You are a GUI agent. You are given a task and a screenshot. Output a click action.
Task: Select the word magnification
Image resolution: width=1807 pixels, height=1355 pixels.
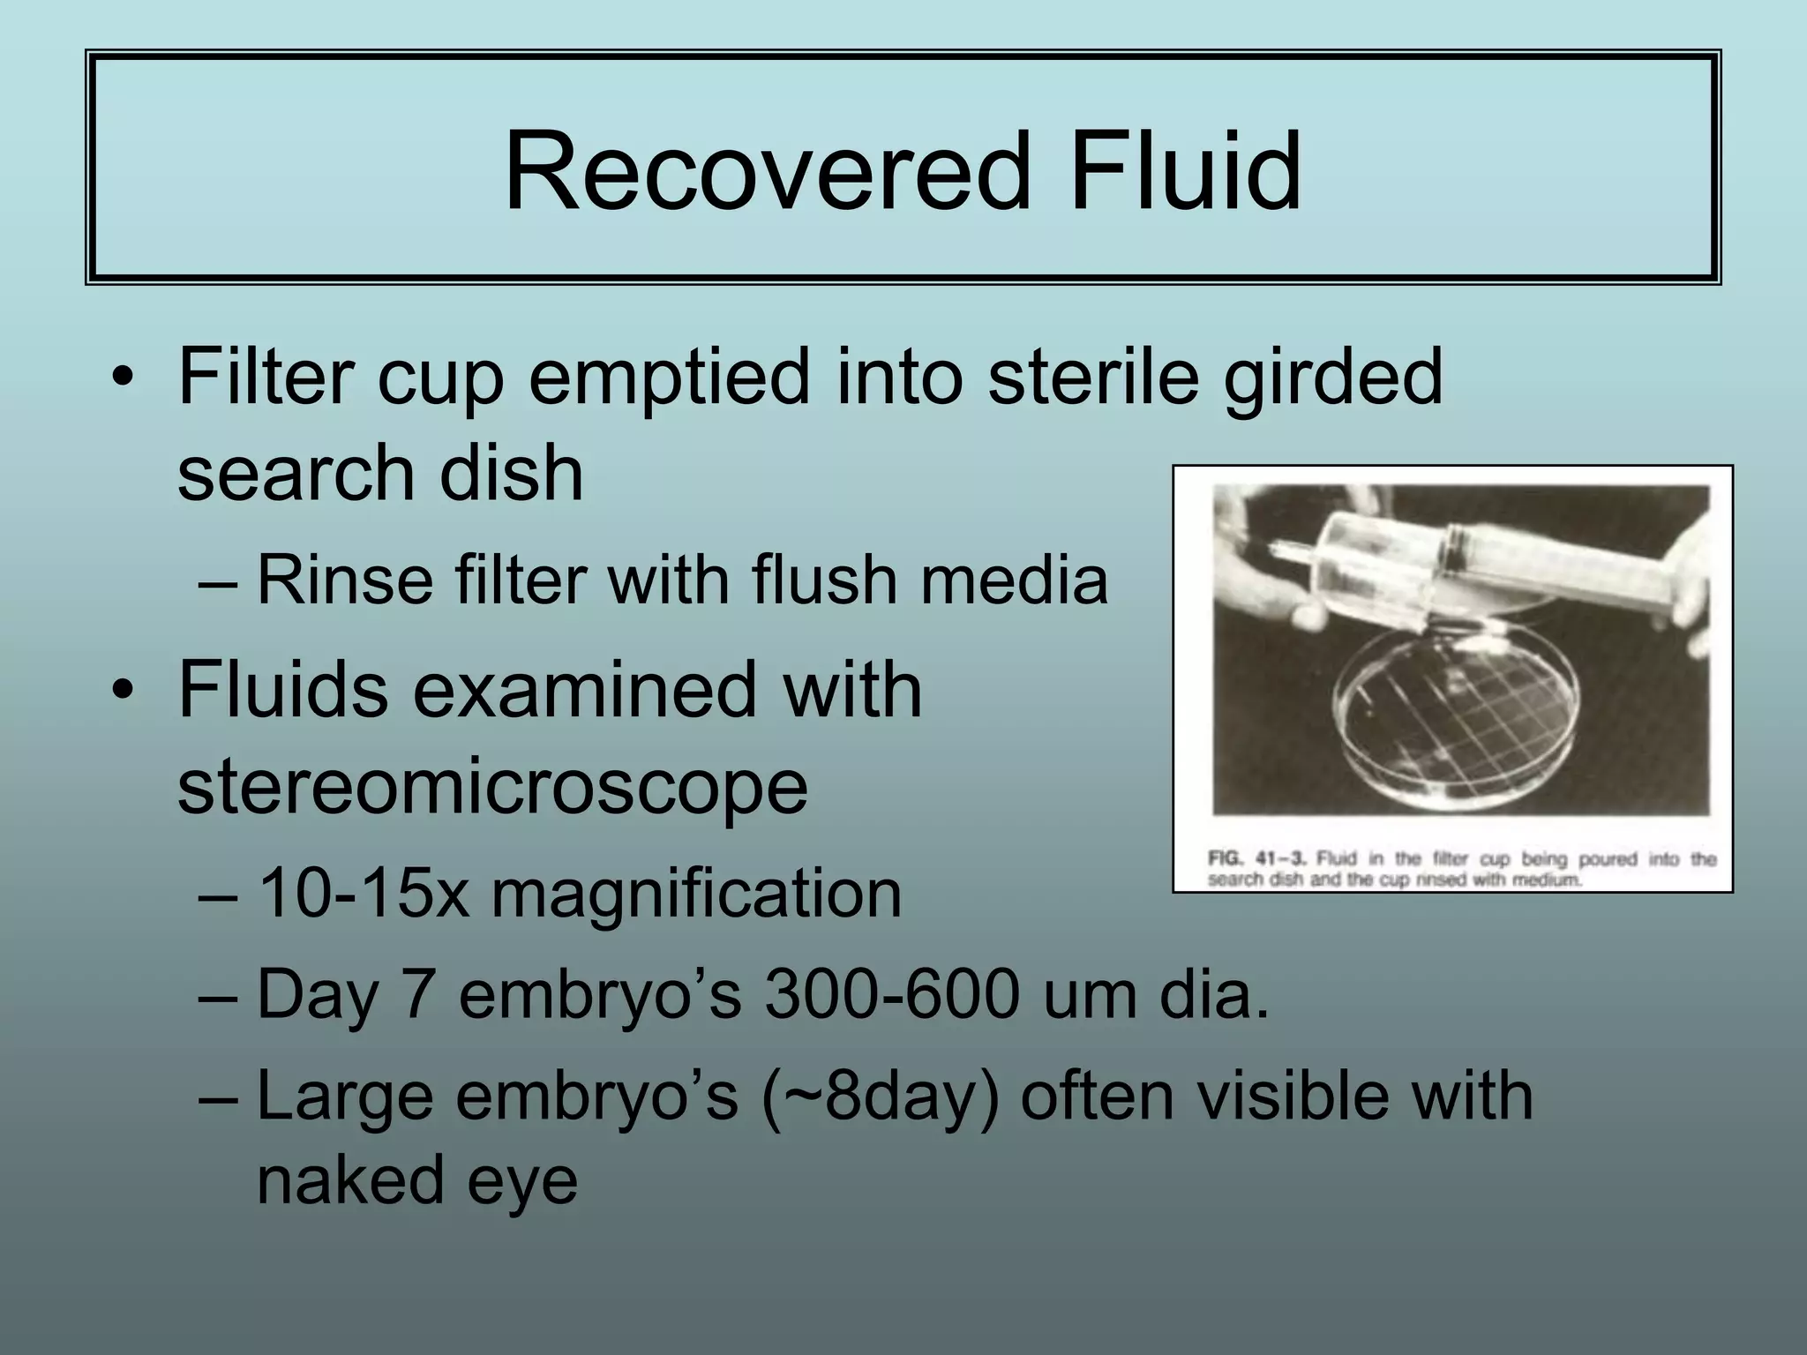coord(696,894)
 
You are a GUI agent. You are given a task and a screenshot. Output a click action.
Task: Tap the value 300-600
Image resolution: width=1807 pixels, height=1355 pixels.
coord(891,995)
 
